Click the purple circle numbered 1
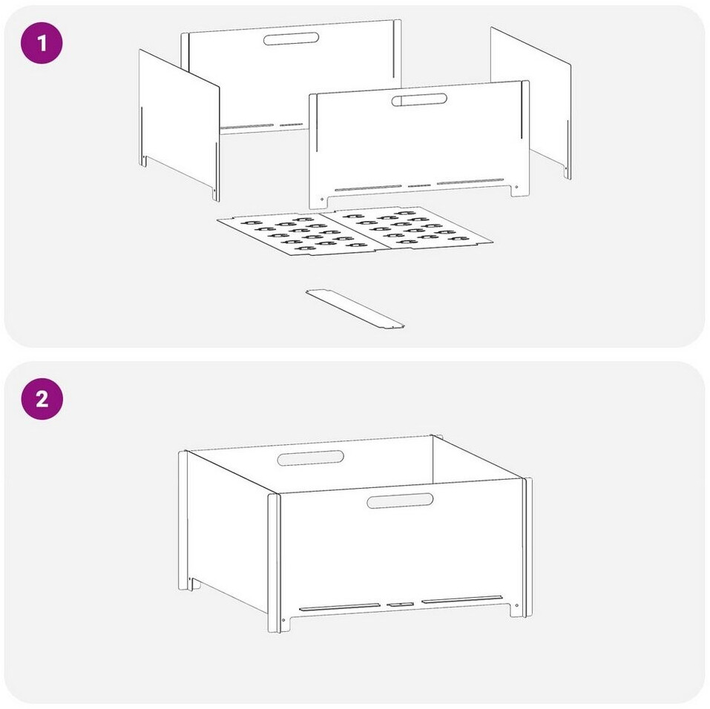click(42, 43)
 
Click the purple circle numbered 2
click(42, 399)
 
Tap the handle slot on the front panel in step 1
click(419, 99)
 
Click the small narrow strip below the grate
click(355, 309)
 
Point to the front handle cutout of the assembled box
click(400, 501)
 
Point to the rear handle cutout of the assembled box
click(311, 458)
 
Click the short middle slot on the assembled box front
click(401, 604)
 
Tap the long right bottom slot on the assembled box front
click(462, 599)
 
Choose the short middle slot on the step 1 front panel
click(419, 185)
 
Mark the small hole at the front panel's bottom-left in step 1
click(322, 199)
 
